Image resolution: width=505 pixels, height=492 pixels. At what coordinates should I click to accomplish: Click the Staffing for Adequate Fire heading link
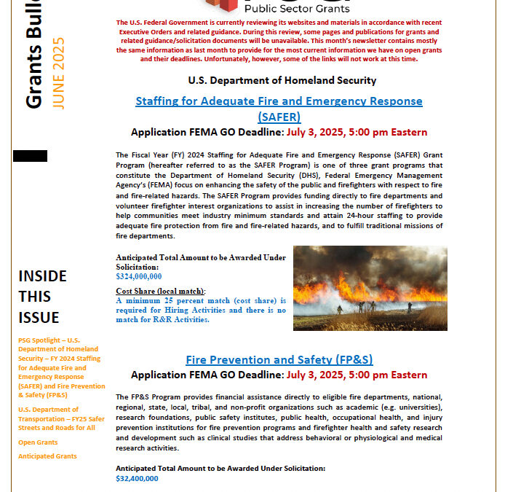coord(279,101)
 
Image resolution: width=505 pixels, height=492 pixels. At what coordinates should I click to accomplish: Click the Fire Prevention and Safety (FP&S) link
coord(279,360)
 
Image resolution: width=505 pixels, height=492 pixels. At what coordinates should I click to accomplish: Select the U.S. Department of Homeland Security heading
coord(282,80)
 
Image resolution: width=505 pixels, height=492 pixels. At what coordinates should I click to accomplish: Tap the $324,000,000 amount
coord(138,276)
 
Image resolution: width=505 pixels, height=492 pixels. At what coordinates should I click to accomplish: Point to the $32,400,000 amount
coord(137,478)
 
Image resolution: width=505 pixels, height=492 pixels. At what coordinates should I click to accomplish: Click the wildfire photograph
coord(370,288)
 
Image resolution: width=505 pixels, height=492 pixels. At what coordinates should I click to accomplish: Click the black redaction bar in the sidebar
coord(30,156)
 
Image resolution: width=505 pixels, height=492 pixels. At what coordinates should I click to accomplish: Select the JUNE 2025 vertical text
coord(59,73)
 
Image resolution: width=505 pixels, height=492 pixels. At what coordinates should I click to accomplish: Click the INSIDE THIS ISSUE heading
coord(43,297)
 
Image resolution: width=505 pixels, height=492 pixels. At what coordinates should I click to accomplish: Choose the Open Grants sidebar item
coord(37,442)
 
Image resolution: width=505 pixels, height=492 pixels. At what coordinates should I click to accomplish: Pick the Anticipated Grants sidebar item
coord(47,456)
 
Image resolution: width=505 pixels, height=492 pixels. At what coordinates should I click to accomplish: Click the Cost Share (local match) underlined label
coord(161,291)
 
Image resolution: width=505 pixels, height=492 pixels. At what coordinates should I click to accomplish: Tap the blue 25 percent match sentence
coord(201,310)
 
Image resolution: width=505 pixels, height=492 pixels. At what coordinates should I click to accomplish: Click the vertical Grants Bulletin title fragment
coord(33,55)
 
